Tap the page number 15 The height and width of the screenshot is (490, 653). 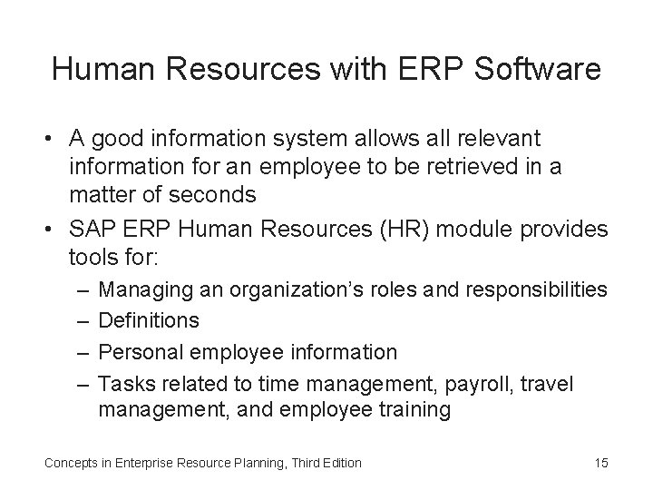[x=600, y=463]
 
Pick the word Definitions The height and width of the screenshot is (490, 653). [x=149, y=320]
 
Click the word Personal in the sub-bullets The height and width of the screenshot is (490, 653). [x=137, y=351]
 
